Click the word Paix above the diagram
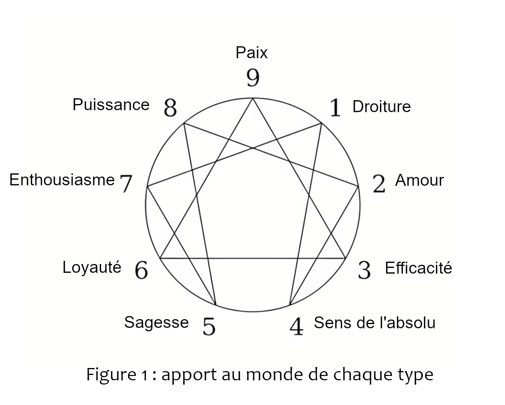tap(252, 52)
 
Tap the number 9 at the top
tap(253, 77)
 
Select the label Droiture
tap(382, 106)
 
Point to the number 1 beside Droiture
tap(335, 108)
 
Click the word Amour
tap(420, 180)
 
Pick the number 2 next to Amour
tap(379, 184)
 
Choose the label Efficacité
tap(419, 268)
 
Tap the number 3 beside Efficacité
tap(365, 270)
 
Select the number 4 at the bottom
tap(297, 326)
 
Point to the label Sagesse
tap(157, 323)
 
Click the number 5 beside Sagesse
tap(209, 326)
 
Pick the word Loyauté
tap(92, 267)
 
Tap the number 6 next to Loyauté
tap(142, 270)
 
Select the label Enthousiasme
tap(62, 180)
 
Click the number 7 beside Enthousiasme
tap(126, 184)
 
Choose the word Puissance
tap(111, 104)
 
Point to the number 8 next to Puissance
tap(171, 108)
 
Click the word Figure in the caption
tap(111, 375)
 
